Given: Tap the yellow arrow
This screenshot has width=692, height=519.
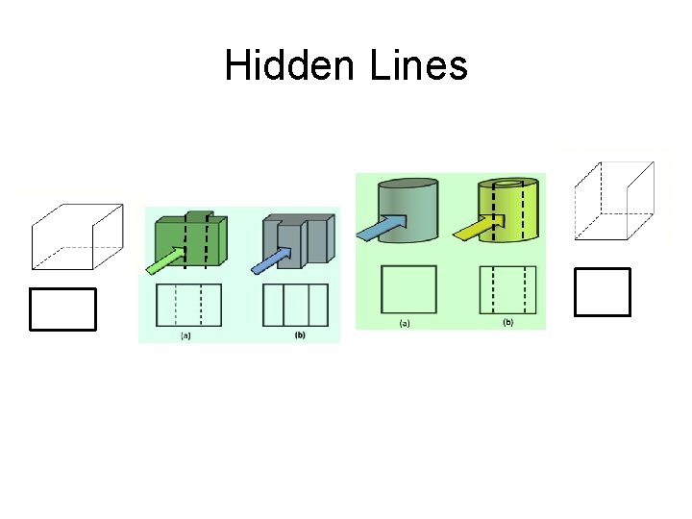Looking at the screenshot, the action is tap(479, 229).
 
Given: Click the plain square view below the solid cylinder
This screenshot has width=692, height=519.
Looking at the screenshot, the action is tap(408, 287).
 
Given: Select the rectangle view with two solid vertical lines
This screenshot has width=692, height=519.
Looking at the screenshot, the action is tap(295, 304).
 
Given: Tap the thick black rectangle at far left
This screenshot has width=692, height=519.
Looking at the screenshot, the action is tap(63, 309).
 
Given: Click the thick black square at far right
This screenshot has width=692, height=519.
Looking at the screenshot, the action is tap(602, 292).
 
